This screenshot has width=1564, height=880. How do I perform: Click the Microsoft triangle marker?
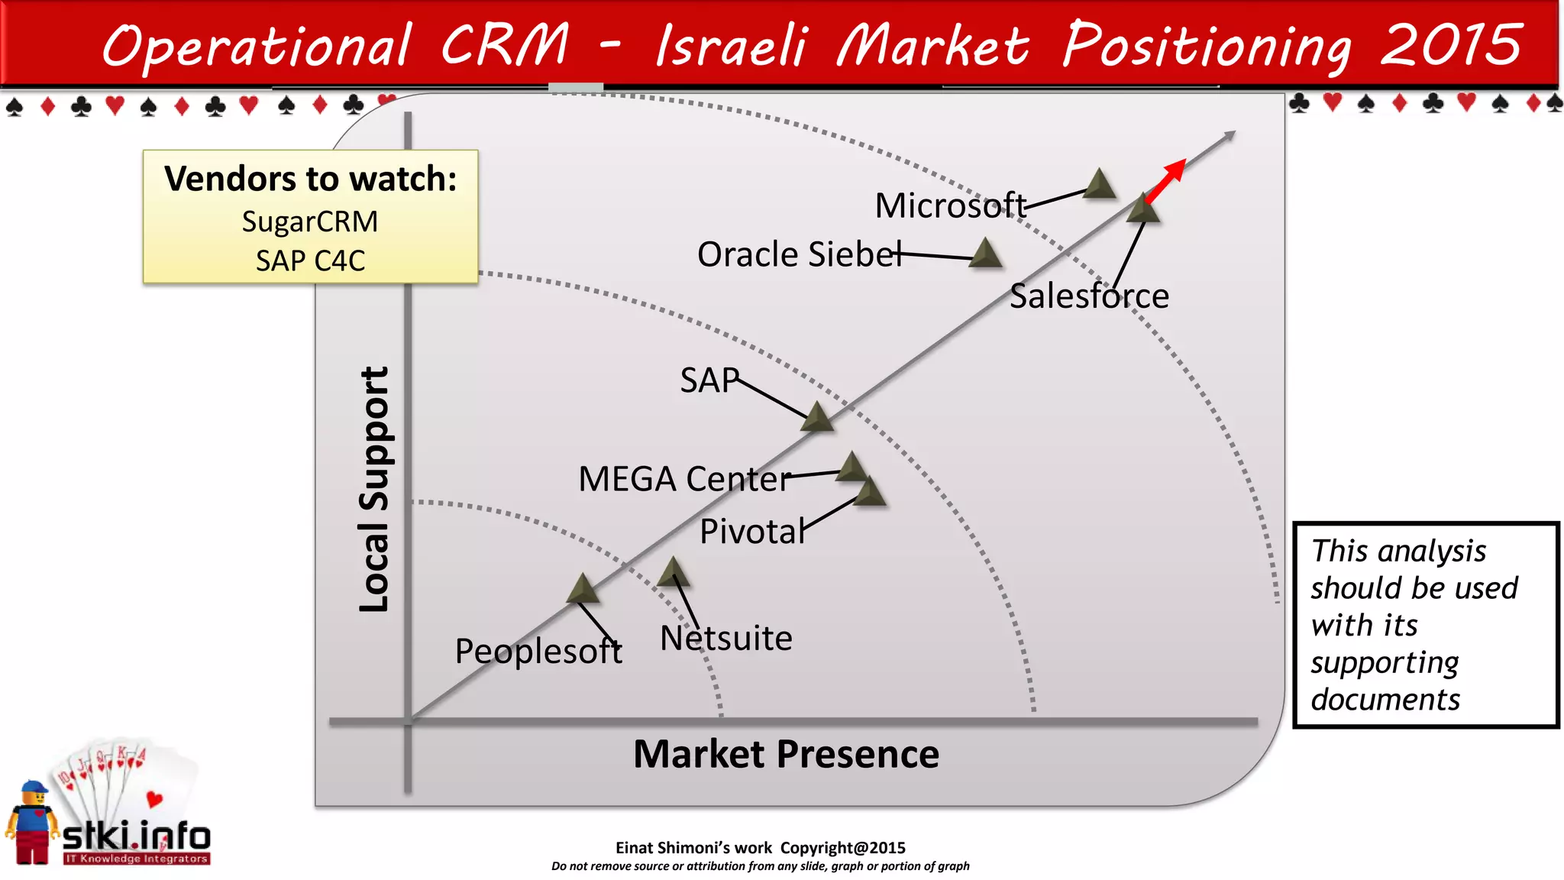[1100, 185]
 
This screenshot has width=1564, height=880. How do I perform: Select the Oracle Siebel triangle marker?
[986, 254]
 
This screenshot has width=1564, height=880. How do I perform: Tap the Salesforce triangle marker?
[1143, 209]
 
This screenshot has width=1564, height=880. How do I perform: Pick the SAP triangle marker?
[817, 418]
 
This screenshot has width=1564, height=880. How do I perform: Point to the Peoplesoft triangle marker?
[583, 590]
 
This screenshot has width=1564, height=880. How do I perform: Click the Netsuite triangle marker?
[673, 573]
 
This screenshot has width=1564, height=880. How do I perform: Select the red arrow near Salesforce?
[1166, 180]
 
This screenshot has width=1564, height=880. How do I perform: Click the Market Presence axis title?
[786, 754]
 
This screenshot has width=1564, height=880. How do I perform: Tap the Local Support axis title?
[374, 489]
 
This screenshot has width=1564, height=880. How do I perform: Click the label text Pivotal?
[752, 532]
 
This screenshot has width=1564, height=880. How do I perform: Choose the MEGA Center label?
[684, 480]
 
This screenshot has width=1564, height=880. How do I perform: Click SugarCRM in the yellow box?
[310, 222]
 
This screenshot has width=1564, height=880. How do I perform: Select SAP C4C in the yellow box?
[310, 261]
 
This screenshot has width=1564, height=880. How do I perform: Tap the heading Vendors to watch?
[310, 179]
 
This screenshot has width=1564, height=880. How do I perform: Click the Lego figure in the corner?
[32, 823]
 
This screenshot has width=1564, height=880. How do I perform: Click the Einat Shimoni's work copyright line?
[760, 848]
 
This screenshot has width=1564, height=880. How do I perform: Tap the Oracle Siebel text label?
[799, 254]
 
